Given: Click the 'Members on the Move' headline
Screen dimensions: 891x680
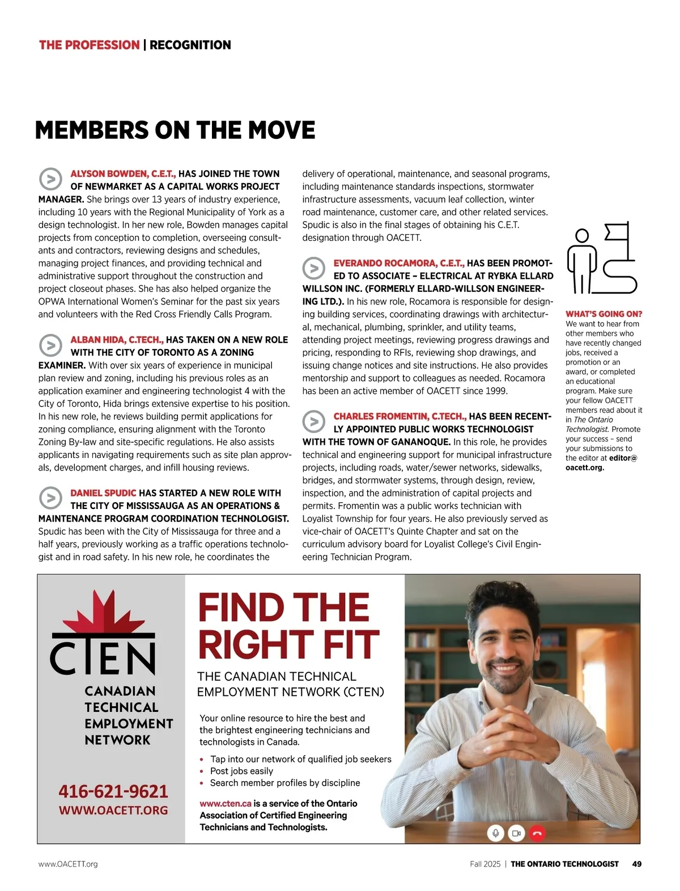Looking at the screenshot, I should [175, 130].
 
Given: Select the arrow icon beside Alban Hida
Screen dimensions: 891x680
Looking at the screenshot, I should [50, 345].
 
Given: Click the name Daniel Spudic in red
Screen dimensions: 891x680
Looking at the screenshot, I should [103, 493].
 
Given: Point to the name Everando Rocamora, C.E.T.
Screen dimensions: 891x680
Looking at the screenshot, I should [399, 263].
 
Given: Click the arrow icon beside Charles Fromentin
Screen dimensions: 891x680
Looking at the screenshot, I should [313, 422].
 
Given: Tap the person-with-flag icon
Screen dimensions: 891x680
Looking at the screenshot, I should [601, 258].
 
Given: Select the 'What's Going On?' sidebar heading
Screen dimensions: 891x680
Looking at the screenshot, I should [603, 314].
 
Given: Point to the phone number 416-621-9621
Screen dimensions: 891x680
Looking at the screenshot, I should [113, 791].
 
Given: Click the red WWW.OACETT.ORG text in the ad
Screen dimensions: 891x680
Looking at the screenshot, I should [113, 811].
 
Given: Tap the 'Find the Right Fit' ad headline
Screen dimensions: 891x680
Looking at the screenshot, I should [288, 626].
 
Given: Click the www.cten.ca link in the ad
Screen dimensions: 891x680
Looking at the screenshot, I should [226, 804].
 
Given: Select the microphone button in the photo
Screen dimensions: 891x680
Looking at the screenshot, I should [495, 833].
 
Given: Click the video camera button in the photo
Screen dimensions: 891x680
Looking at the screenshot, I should [516, 833].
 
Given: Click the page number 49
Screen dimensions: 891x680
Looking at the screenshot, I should [637, 864].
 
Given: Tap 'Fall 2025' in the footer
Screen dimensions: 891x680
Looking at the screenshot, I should [485, 864].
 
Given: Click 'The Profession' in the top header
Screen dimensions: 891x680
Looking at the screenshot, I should [89, 45].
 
